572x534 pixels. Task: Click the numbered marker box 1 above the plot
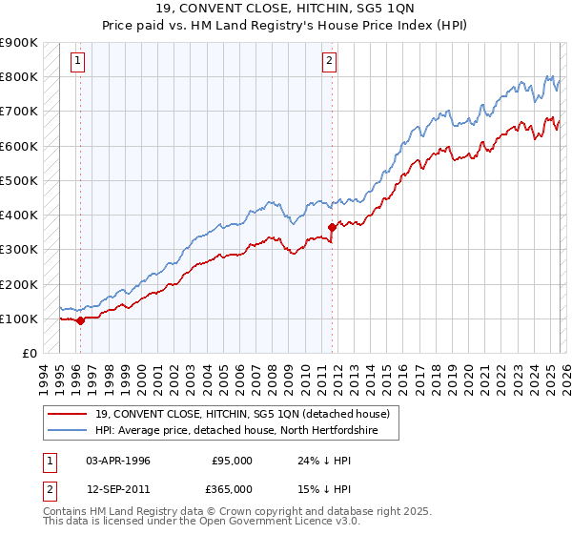point(77,61)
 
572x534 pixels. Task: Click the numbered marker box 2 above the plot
point(329,61)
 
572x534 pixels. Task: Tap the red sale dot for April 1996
point(80,320)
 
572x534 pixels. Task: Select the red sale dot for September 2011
point(332,227)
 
